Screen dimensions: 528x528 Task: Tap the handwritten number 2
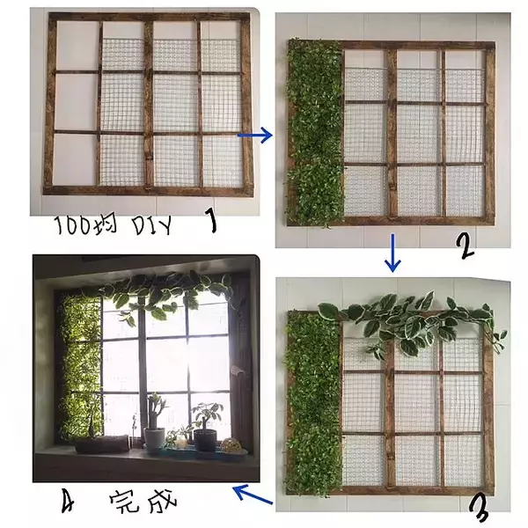pyautogui.click(x=466, y=246)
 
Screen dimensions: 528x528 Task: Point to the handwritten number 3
pyautogui.click(x=479, y=511)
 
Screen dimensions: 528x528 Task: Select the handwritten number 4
pyautogui.click(x=69, y=502)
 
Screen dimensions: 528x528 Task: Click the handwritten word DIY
pyautogui.click(x=151, y=225)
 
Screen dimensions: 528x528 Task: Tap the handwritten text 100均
pyautogui.click(x=86, y=225)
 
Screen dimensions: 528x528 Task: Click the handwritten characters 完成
pyautogui.click(x=143, y=501)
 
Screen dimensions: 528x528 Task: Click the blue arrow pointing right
pyautogui.click(x=255, y=136)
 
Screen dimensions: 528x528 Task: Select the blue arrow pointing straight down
pyautogui.click(x=392, y=253)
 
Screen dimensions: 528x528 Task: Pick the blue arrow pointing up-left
pyautogui.click(x=253, y=494)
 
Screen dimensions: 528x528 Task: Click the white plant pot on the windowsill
pyautogui.click(x=155, y=438)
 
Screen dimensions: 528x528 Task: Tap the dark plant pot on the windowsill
pyautogui.click(x=205, y=440)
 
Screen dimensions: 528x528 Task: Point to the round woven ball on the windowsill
pyautogui.click(x=231, y=445)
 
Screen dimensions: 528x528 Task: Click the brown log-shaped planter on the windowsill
pyautogui.click(x=102, y=444)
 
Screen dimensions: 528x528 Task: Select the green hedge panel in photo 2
pyautogui.click(x=315, y=133)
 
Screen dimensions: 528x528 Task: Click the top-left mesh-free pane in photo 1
pyautogui.click(x=77, y=46)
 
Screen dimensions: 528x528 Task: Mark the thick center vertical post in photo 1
pyautogui.click(x=149, y=104)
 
